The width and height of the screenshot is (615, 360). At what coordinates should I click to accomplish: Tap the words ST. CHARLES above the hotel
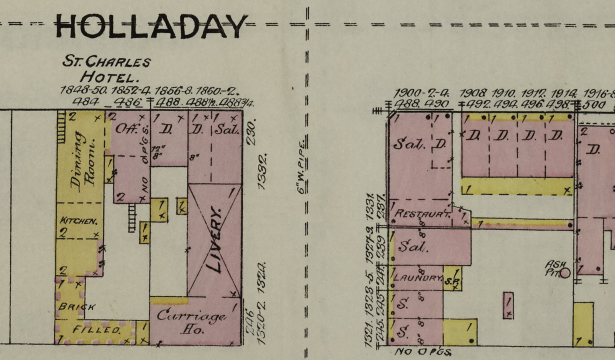click(106, 60)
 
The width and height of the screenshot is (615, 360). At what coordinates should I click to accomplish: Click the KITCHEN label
click(78, 219)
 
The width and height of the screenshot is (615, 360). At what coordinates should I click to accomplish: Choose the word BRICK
click(76, 306)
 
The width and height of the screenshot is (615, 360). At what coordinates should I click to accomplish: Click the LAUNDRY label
click(419, 276)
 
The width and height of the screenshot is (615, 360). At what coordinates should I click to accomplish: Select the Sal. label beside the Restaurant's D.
click(408, 143)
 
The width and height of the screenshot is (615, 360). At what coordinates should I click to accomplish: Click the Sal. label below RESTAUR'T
click(410, 245)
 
